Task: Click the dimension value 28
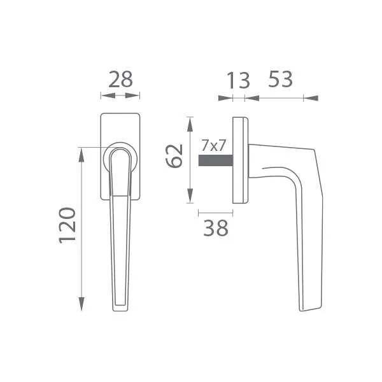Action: pos(120,80)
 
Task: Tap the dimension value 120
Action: pos(67,225)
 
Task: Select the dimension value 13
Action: pos(238,80)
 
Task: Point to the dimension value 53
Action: pos(280,79)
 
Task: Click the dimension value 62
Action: pos(174,156)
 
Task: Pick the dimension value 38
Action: pos(216,228)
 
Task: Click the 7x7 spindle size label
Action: pos(213,146)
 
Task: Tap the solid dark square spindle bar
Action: pos(216,160)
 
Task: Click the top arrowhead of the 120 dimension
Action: pos(81,155)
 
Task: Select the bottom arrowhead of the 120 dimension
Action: pos(81,304)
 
